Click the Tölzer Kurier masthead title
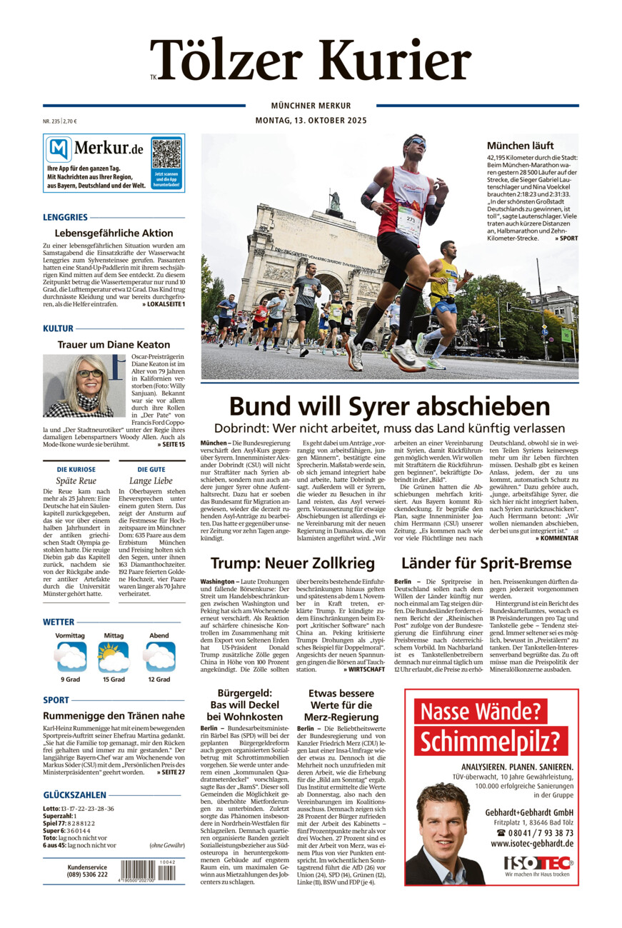pos(311,60)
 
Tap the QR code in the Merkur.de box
pos(166,153)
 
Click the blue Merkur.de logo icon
pos(59,149)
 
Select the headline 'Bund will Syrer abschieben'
pos(389,406)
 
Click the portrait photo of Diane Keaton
pos(78,385)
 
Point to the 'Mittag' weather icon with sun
pos(114,657)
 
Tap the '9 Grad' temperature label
pos(70,680)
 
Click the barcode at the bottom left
pos(147,869)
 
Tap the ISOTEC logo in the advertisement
pos(536,862)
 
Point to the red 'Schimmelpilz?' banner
pos(491,741)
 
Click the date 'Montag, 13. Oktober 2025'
pos(311,121)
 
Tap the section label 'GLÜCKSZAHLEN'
pos(75,795)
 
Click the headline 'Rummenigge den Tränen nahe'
pos(114,715)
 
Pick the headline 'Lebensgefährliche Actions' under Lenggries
pos(114,233)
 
